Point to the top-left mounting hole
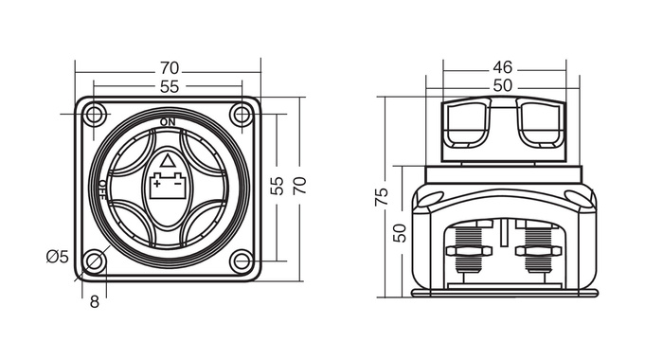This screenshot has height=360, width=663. [94, 116]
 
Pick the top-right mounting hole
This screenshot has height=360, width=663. [242, 116]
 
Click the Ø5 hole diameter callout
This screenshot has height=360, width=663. [58, 256]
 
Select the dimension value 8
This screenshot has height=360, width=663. [94, 302]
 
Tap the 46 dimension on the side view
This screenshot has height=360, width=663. [503, 68]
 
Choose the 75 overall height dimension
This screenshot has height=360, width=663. [383, 196]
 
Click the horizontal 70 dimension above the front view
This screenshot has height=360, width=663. [170, 68]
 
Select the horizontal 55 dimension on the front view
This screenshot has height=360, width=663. [170, 87]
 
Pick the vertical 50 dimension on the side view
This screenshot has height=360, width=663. [401, 230]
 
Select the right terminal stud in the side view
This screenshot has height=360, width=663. [537, 252]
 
